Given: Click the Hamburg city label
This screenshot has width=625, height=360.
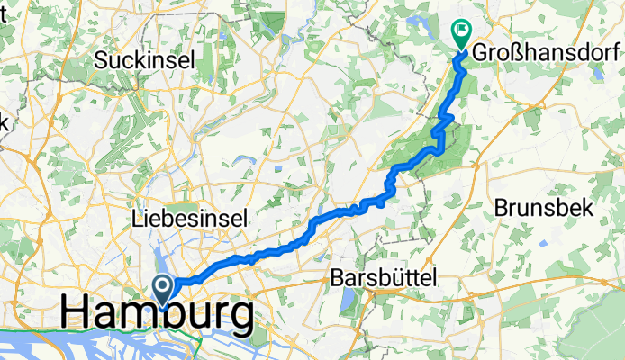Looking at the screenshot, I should [x=157, y=315].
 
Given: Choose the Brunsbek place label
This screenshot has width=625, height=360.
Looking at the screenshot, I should [x=544, y=207].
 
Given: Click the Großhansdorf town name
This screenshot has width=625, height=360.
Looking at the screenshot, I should [x=548, y=46].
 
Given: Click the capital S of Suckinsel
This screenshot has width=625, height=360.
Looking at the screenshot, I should [x=102, y=61].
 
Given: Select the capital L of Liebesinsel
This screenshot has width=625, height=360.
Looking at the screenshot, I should [x=137, y=219].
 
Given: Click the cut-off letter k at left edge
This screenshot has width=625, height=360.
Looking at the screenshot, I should [x=3, y=121].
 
